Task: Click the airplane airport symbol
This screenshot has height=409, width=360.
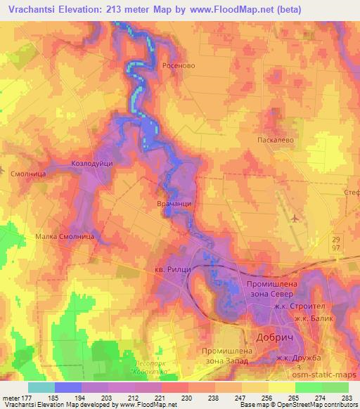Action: pos(295,219)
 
